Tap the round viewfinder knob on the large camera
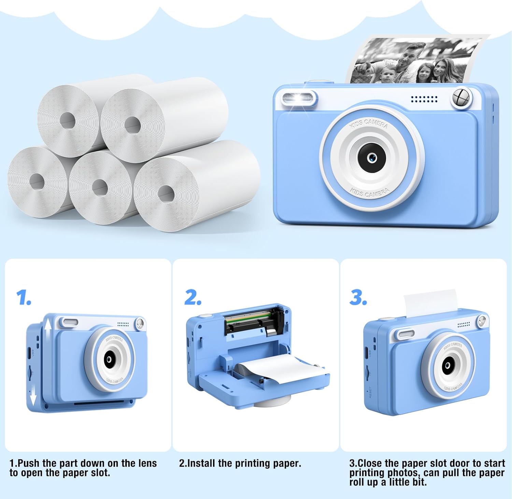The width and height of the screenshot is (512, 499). tap(461, 97)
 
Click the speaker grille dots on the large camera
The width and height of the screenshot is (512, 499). tap(424, 99)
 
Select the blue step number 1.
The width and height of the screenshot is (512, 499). tap(24, 298)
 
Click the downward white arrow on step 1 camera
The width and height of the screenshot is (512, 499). tap(33, 397)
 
